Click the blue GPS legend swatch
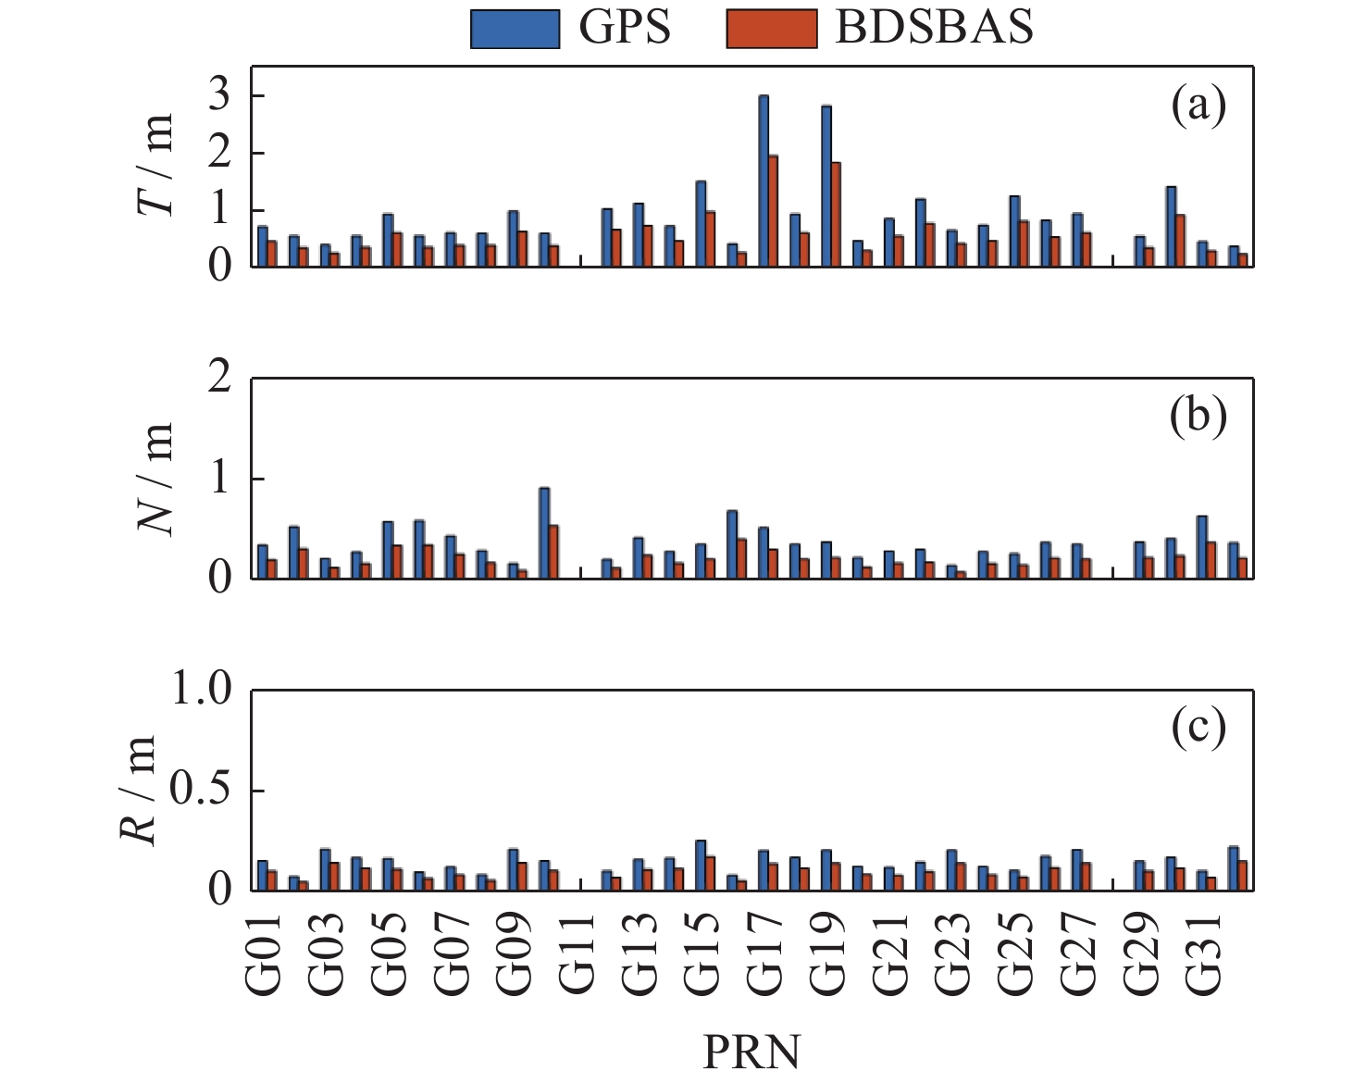pyautogui.click(x=515, y=29)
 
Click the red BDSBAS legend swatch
pyautogui.click(x=772, y=29)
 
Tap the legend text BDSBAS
pyautogui.click(x=935, y=28)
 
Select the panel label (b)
pyautogui.click(x=1198, y=417)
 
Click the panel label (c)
pyautogui.click(x=1198, y=728)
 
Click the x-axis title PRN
pyautogui.click(x=751, y=1052)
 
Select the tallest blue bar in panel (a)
pyautogui.click(x=764, y=181)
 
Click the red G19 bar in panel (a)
pyautogui.click(x=836, y=215)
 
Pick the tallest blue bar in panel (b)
pyautogui.click(x=544, y=533)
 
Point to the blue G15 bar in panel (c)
pyautogui.click(x=701, y=866)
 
